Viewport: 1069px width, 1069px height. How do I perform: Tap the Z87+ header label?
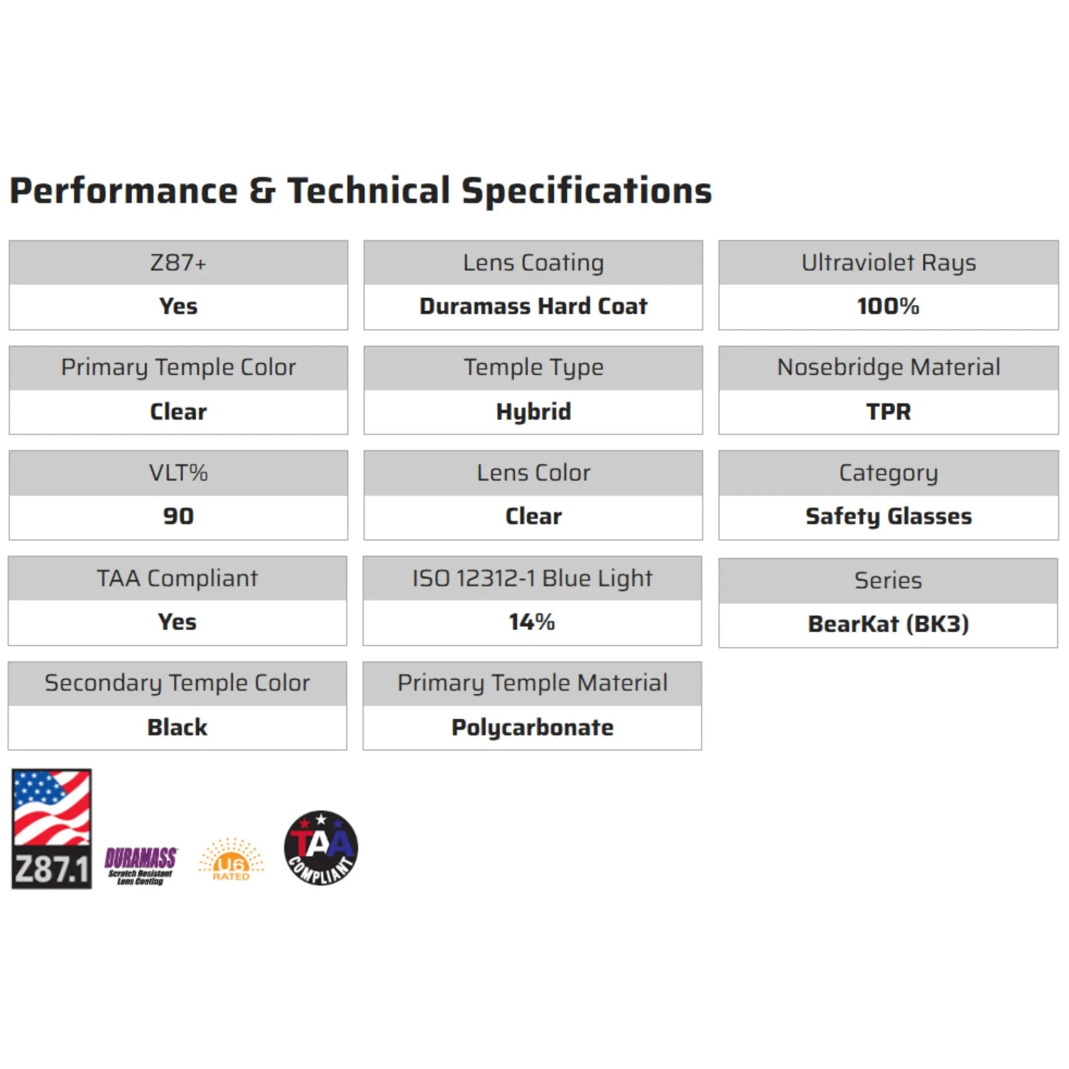[x=178, y=263]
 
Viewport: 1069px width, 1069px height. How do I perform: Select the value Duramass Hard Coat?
[x=533, y=306]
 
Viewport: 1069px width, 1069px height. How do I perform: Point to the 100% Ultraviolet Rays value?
[x=887, y=306]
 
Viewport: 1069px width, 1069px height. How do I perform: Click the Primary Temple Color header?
[x=178, y=367]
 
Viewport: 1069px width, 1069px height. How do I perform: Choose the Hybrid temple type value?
[x=533, y=412]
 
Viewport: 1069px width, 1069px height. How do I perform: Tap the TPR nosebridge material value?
[x=887, y=412]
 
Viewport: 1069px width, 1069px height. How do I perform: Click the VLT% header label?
[x=178, y=473]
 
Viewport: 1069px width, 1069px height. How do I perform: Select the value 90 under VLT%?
[x=178, y=516]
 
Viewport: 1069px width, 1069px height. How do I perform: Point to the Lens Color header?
[x=533, y=473]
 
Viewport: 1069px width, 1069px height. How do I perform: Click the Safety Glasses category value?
[x=887, y=516]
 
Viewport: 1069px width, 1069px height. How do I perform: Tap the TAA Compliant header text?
[x=177, y=579]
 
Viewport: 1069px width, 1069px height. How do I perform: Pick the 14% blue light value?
[x=532, y=622]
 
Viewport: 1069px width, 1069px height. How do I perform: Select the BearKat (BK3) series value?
[x=887, y=624]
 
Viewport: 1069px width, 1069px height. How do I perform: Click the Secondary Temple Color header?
[x=177, y=683]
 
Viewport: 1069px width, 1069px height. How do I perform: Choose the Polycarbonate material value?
[x=532, y=728]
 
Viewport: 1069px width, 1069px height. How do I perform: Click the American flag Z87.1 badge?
[x=52, y=829]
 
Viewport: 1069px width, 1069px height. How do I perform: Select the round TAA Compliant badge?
[x=321, y=848]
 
